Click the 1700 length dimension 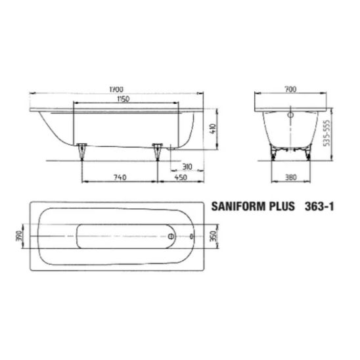[x=116, y=89]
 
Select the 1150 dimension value [x=124, y=99]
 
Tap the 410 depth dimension [x=213, y=129]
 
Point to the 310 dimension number [x=187, y=166]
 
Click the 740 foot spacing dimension [x=120, y=177]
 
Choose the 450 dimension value [x=181, y=177]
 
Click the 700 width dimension [x=290, y=89]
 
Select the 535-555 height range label [x=326, y=133]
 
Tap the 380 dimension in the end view [x=290, y=177]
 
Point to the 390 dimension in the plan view [x=18, y=236]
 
